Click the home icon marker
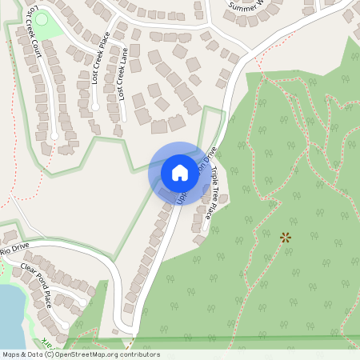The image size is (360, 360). pos(180,172)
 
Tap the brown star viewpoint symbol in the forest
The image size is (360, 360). pos(285,238)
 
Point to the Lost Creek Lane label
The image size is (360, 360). pos(122,72)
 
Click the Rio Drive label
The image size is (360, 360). pos(14,250)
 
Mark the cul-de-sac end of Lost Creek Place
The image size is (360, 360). pos(95,106)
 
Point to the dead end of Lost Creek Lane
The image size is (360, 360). pos(124,120)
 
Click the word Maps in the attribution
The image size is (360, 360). pos(11,354)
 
